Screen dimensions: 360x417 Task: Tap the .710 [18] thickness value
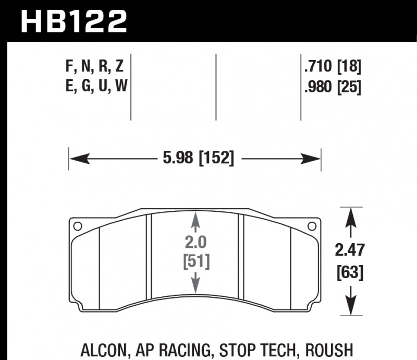332,67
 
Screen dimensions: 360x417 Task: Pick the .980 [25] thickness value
332,87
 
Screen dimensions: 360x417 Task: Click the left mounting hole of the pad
78,226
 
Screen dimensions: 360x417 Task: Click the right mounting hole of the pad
312,226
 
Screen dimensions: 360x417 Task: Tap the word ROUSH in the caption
327,349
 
